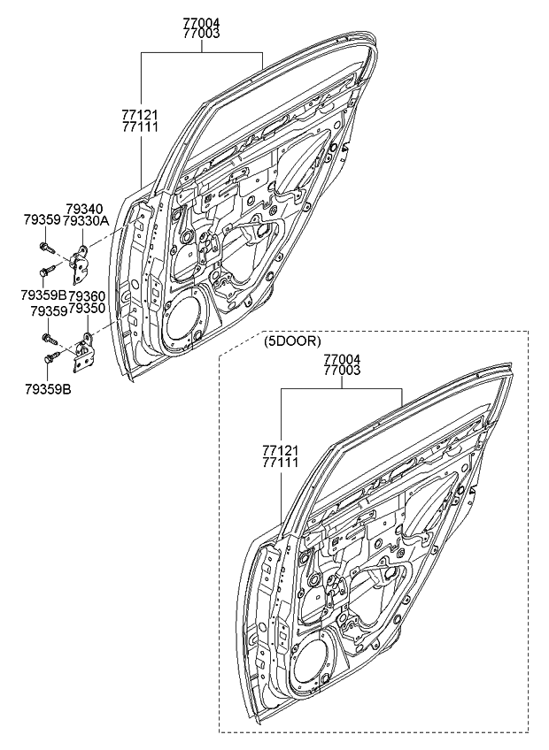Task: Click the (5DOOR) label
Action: (292, 341)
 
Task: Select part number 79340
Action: (84, 209)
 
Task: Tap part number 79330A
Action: (86, 220)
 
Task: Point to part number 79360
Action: (87, 295)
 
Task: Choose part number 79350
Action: (87, 308)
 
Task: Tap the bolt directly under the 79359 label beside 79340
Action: (46, 248)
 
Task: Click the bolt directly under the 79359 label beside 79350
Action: (50, 339)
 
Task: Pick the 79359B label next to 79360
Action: (43, 295)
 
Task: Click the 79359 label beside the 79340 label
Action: (42, 220)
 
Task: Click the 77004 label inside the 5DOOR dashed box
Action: (342, 359)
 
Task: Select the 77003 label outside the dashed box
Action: (201, 34)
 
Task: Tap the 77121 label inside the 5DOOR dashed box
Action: (280, 451)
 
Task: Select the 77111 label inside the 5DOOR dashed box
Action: (280, 463)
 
